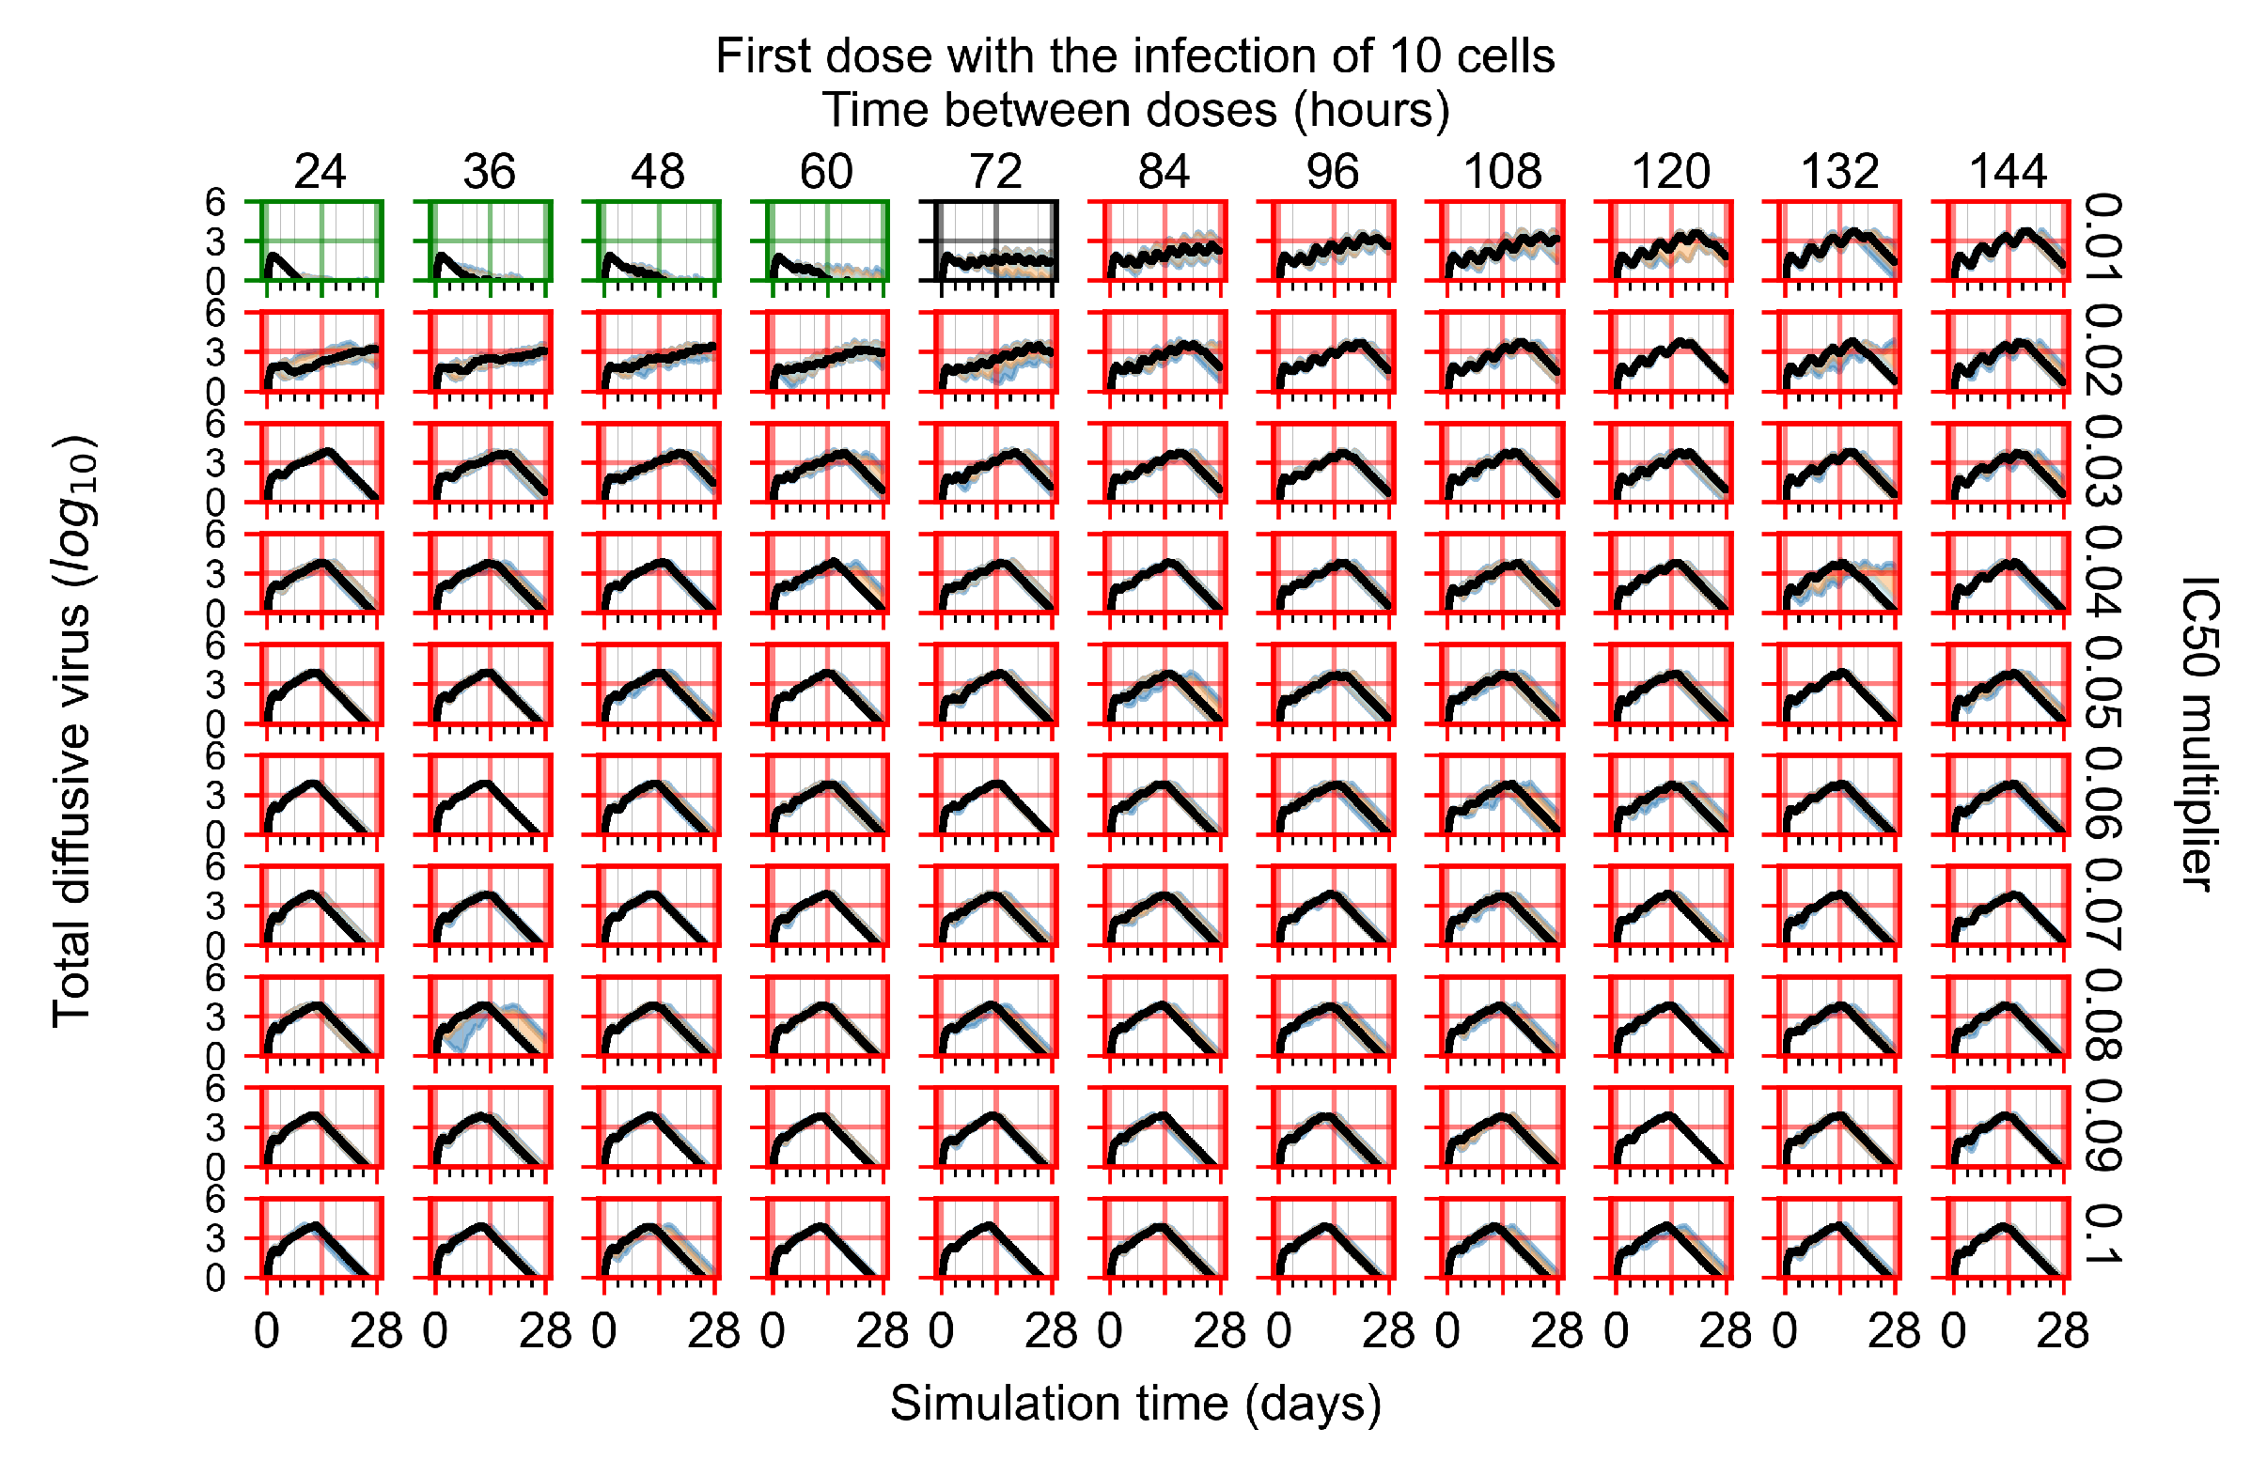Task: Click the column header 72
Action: point(995,172)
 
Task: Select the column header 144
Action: point(2007,172)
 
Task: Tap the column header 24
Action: point(320,172)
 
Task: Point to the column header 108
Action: point(1502,172)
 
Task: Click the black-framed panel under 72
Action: point(996,241)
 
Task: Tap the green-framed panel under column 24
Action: point(321,241)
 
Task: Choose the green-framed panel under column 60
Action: point(828,241)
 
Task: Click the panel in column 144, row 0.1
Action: point(2009,1237)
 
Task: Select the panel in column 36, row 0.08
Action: point(490,1017)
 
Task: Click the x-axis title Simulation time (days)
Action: point(1135,1404)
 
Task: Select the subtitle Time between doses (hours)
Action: point(1135,111)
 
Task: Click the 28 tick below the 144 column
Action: point(2062,1331)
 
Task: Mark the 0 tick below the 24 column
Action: point(267,1331)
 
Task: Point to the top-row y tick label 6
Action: point(215,202)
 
